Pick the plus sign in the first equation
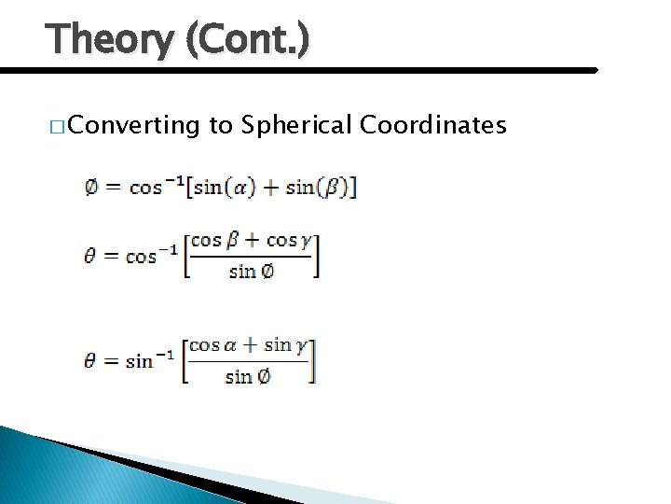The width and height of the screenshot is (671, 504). click(271, 187)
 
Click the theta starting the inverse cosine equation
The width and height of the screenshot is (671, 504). click(90, 256)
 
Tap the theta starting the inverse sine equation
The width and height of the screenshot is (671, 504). click(90, 360)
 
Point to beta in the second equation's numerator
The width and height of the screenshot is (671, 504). click(234, 241)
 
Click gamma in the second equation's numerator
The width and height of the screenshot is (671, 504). click(305, 241)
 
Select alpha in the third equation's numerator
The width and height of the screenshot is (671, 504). click(233, 345)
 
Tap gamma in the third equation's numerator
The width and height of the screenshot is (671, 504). click(300, 346)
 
